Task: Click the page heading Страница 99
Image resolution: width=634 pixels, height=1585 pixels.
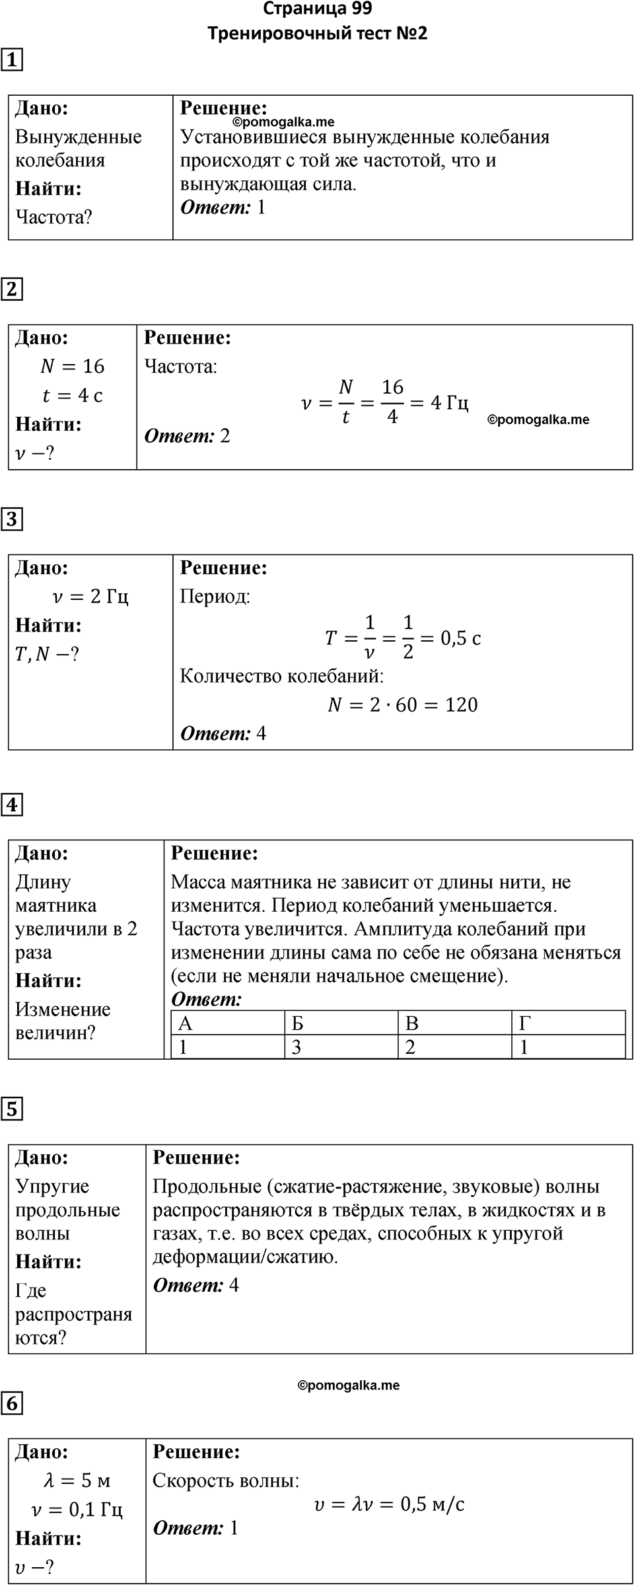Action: pyautogui.click(x=317, y=9)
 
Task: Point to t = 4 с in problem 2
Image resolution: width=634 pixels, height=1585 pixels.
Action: pyautogui.click(x=73, y=395)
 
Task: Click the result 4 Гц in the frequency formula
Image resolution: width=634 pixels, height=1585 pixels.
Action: pyautogui.click(x=449, y=402)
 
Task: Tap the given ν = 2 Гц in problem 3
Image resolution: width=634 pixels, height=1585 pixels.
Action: pyautogui.click(x=90, y=597)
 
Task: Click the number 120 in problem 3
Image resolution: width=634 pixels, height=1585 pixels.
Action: pyautogui.click(x=461, y=705)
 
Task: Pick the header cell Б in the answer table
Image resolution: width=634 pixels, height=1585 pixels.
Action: pyautogui.click(x=298, y=1023)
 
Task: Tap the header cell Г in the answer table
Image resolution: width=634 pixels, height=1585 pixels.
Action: pyautogui.click(x=525, y=1023)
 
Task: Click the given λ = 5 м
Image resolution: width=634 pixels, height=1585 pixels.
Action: pyautogui.click(x=77, y=1481)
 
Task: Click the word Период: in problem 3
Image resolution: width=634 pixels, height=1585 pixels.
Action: pyautogui.click(x=215, y=597)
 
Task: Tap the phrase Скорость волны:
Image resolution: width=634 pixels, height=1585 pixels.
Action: pyautogui.click(x=226, y=1481)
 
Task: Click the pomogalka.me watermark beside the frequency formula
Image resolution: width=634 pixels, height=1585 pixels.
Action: pyautogui.click(x=538, y=420)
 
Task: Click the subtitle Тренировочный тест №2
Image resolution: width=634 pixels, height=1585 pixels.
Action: pyautogui.click(x=317, y=34)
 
